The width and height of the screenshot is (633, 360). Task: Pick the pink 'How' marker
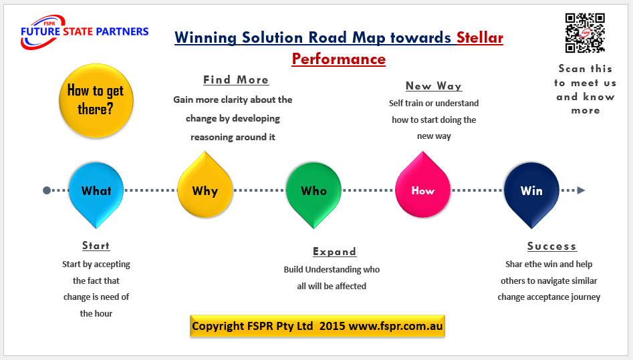(x=422, y=191)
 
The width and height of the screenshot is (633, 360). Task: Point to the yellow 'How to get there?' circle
(x=96, y=100)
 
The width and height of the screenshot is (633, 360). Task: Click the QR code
(x=585, y=33)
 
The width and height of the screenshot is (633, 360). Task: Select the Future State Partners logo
(x=84, y=32)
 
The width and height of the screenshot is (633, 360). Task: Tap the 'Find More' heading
(x=236, y=80)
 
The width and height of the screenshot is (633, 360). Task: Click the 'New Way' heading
(x=434, y=85)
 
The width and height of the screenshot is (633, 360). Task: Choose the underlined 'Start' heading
(x=96, y=246)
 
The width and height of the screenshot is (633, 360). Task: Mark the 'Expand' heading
(x=334, y=252)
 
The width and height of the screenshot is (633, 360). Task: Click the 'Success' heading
(x=551, y=246)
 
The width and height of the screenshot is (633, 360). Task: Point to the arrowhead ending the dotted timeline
(x=581, y=190)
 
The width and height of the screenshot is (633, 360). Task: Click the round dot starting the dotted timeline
(x=47, y=190)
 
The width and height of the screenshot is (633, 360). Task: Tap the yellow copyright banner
(x=317, y=327)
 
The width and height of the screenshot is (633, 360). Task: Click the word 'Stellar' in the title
(x=479, y=37)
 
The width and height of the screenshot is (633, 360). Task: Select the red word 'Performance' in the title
(x=338, y=59)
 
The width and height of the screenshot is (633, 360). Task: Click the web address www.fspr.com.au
(x=394, y=327)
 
